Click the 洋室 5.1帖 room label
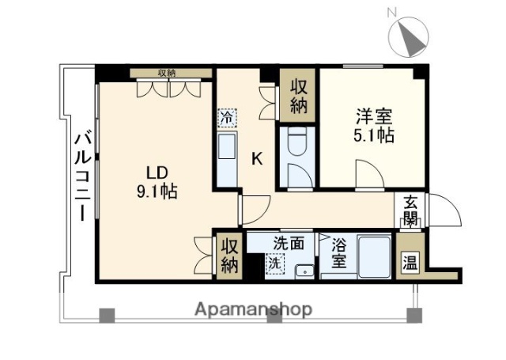tap(373, 125)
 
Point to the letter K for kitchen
tap(257, 158)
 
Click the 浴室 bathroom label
tap(338, 252)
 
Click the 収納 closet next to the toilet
tap(299, 96)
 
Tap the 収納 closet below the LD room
tap(228, 256)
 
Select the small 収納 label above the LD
tap(166, 73)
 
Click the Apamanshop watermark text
tap(253, 309)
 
